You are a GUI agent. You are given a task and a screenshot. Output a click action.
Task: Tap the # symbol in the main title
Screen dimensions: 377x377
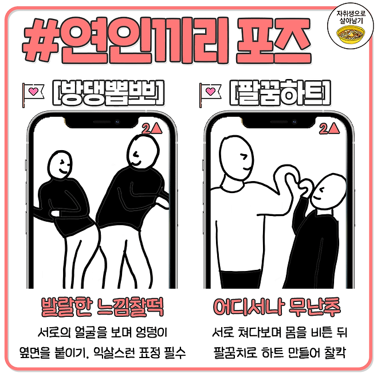(x=40, y=40)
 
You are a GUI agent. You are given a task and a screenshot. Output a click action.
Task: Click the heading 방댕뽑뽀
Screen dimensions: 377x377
(x=108, y=93)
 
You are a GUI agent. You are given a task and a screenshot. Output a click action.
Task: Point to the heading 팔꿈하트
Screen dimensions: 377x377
(x=280, y=93)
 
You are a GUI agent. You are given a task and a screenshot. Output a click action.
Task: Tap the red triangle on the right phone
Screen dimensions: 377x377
(x=334, y=128)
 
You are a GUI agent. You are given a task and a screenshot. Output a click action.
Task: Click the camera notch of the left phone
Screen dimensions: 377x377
(x=101, y=122)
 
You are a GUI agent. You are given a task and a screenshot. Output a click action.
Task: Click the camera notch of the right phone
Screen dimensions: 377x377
(x=278, y=122)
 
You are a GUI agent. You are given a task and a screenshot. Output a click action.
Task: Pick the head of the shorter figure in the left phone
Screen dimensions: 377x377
(x=60, y=165)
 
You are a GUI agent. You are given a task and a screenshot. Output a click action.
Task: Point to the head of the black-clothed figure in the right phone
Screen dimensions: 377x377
(x=328, y=192)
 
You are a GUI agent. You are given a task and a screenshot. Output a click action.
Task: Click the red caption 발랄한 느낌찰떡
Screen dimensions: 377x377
(x=103, y=307)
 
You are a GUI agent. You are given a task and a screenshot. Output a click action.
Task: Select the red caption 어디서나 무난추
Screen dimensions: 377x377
(x=277, y=307)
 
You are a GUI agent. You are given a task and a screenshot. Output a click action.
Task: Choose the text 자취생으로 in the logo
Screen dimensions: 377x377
(x=351, y=13)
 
